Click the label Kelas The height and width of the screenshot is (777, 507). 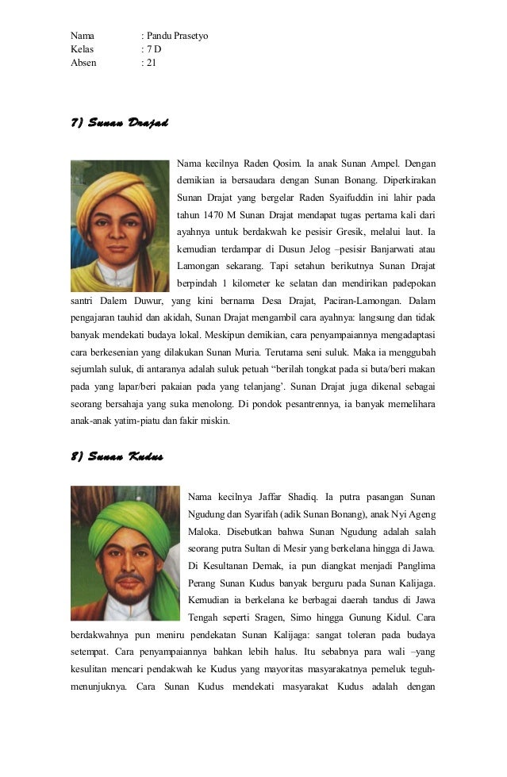pos(83,48)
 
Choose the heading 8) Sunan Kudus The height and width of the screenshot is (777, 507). pos(117,456)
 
